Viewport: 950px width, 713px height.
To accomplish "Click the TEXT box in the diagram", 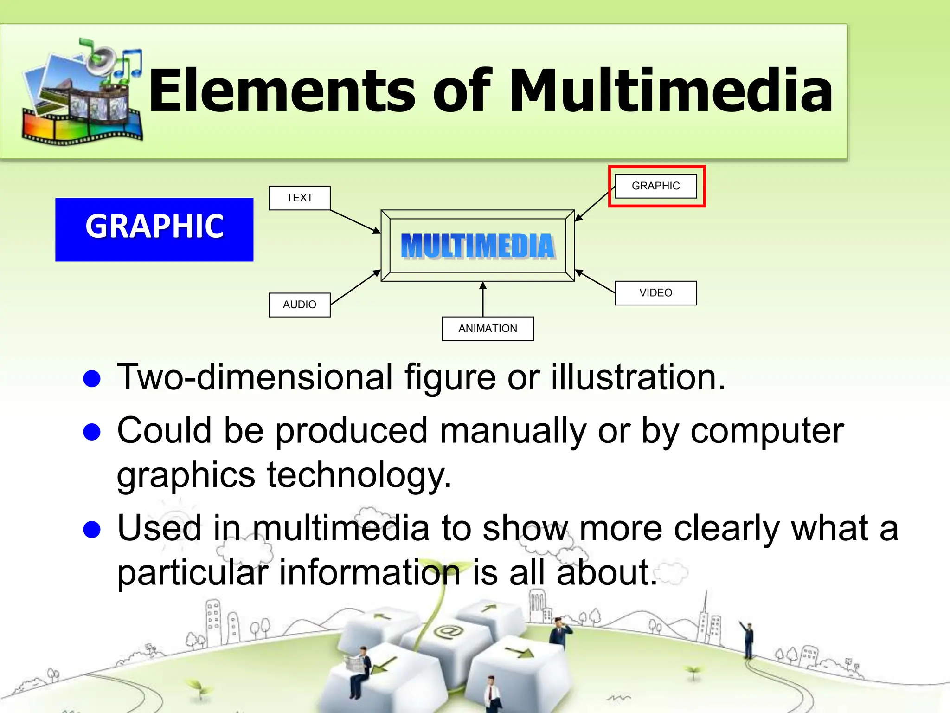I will click(300, 198).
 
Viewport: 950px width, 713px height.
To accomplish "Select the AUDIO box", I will click(300, 305).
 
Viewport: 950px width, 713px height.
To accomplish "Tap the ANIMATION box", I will click(488, 329).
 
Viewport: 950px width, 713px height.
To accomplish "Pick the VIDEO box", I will click(655, 293).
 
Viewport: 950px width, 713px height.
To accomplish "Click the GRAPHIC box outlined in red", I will click(655, 186).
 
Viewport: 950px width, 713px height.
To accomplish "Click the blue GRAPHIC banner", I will click(154, 230).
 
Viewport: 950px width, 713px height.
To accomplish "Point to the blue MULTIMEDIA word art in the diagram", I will click(478, 246).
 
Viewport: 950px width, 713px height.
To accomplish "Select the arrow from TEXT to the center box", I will click(355, 221).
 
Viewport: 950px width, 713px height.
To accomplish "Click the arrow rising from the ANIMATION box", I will click(483, 299).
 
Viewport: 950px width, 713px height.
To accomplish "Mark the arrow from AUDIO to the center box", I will click(355, 288).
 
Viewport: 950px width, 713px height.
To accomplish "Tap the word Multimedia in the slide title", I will click(670, 91).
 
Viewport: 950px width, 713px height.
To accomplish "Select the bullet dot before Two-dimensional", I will click(92, 379).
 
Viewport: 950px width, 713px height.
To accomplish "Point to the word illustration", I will click(638, 377).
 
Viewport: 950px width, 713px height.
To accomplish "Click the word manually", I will click(513, 431).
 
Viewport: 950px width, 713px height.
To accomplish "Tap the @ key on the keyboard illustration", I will click(448, 631).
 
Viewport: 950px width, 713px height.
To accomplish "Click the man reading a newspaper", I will click(359, 668).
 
